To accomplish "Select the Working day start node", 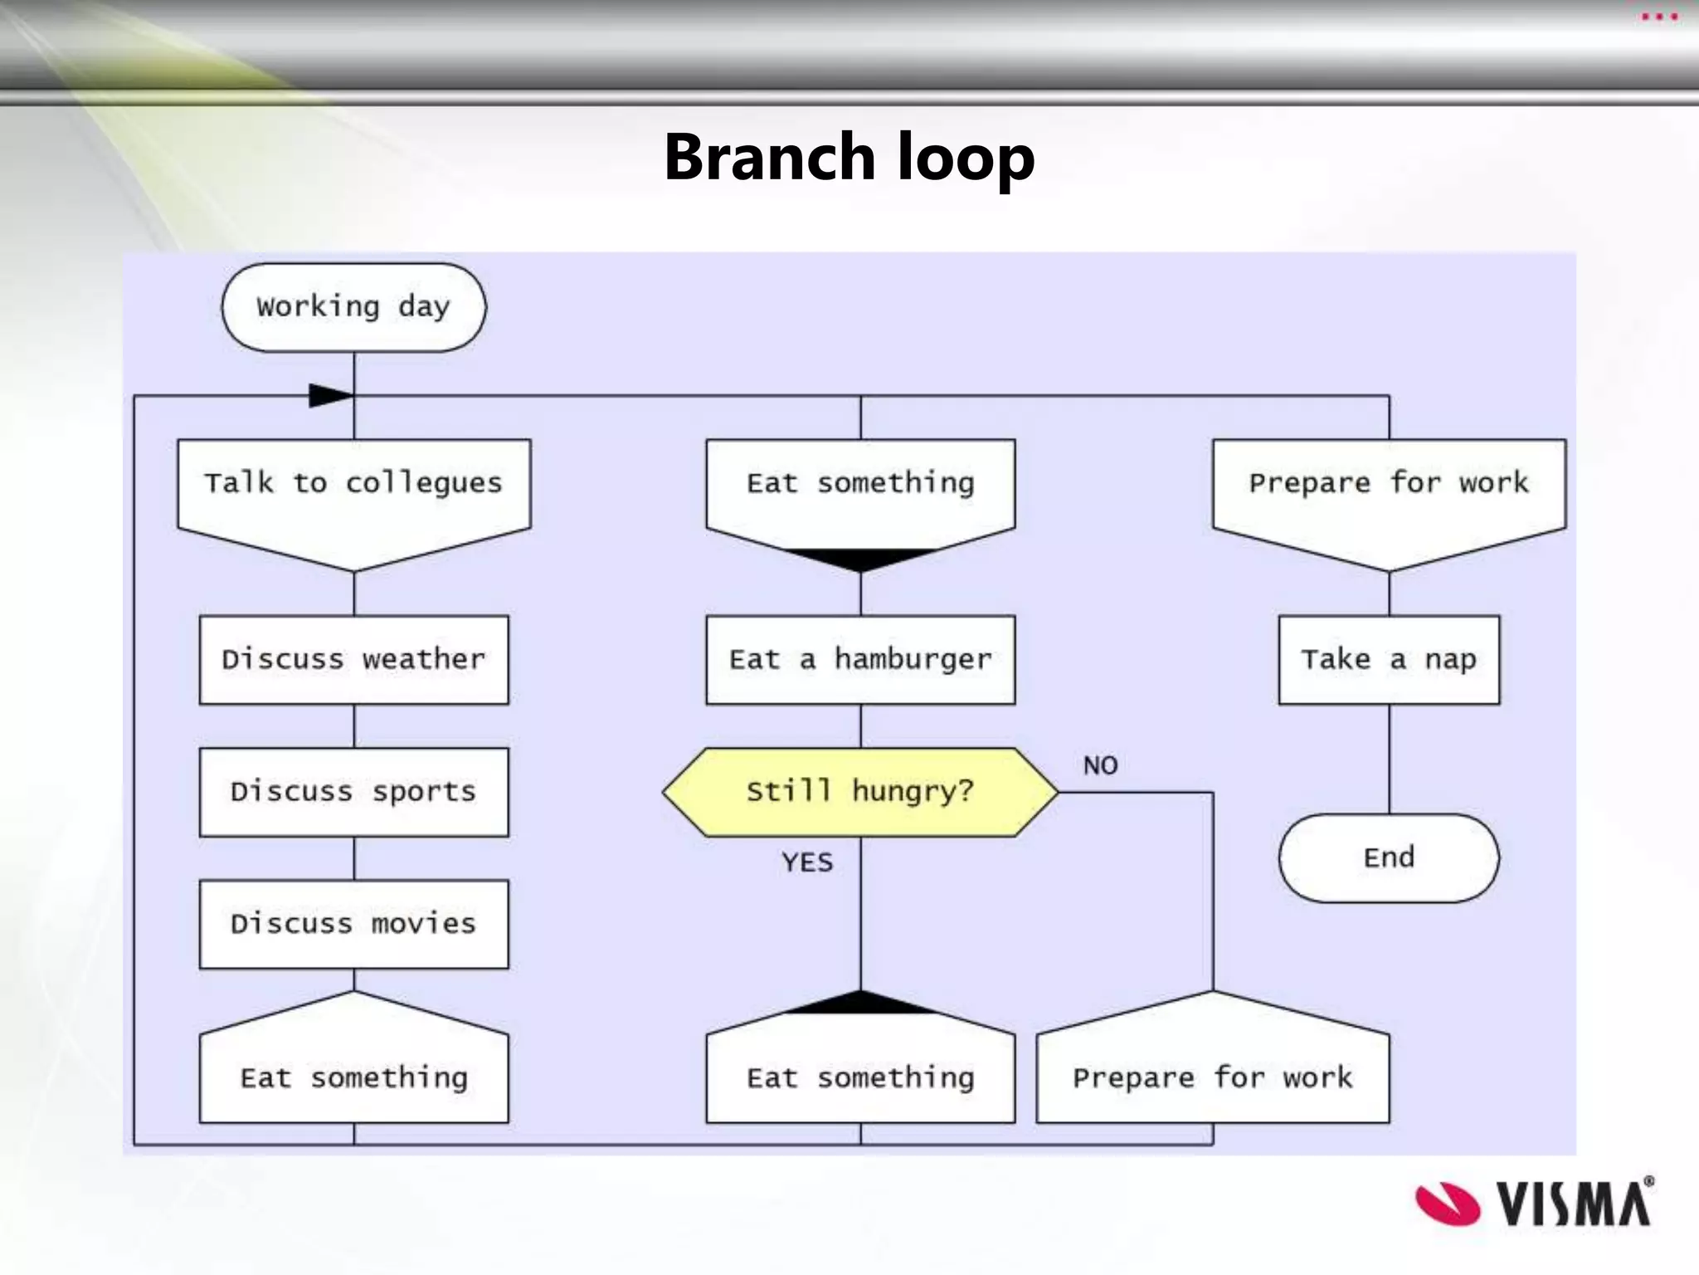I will pos(353,307).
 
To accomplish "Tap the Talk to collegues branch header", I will pos(353,490).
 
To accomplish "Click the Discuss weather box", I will pos(353,660).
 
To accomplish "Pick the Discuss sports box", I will pos(353,792).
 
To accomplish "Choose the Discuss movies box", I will pos(353,924).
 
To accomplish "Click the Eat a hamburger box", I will pos(860,660).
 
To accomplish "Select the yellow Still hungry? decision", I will pos(860,792).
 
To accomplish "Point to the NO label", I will pos(1100,765).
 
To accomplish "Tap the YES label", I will pos(806,862).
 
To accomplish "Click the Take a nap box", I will pos(1389,660).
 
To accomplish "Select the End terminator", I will pos(1389,857).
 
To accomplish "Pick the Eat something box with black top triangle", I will pos(860,1071).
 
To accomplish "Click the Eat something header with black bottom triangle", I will pos(860,490).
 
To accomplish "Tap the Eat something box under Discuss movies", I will pos(353,1071).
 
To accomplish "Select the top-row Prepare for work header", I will pos(1389,490).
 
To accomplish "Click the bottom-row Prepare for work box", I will pos(1212,1071).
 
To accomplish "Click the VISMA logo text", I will pos(1574,1204).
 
